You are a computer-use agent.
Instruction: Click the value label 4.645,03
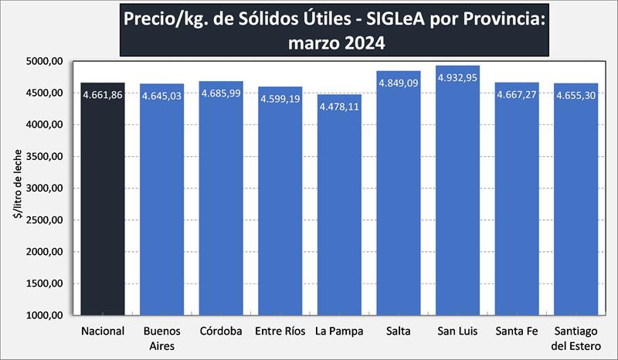point(162,97)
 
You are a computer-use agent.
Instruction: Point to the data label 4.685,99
point(221,93)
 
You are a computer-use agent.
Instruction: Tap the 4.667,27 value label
point(517,95)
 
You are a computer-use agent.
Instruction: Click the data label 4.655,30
point(576,96)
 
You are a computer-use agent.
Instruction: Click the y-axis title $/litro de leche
point(17,188)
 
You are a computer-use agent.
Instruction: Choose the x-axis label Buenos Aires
point(162,338)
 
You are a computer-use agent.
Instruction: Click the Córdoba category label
point(221,331)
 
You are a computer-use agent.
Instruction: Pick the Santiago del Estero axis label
point(576,338)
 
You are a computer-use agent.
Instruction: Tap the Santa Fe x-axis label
point(517,331)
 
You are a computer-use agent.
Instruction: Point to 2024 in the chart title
point(358,43)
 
